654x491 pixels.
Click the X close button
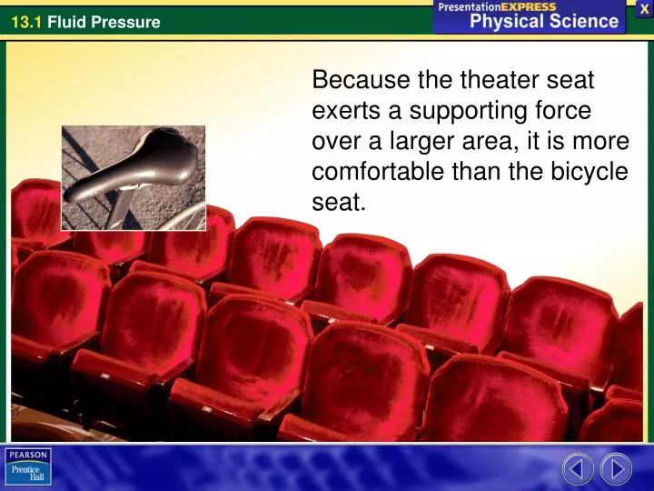tap(644, 8)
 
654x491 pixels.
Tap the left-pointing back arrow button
tap(578, 468)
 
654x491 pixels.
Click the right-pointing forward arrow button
tap(616, 468)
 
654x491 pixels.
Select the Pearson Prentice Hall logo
tap(28, 467)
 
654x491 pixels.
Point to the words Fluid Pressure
tap(104, 22)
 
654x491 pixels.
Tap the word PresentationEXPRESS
tap(497, 6)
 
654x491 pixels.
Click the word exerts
tap(340, 111)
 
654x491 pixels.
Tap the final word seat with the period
tap(338, 203)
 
